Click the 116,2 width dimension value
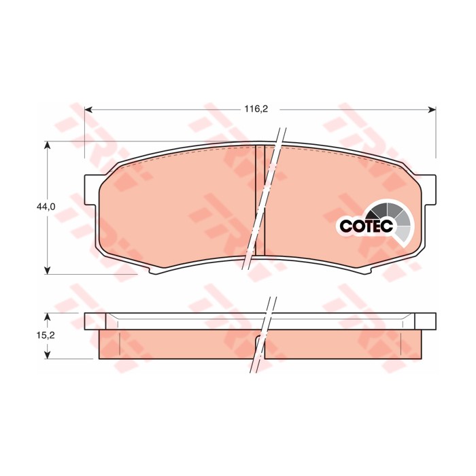tap(256, 109)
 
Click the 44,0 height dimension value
tap(46, 207)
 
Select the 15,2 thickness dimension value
tap(46, 335)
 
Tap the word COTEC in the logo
tap(367, 226)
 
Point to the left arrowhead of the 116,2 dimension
tap(88, 109)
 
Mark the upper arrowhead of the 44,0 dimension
tap(47, 145)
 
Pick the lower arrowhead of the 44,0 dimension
tap(47, 270)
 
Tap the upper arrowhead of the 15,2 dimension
tap(47, 317)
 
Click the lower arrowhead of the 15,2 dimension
tap(47, 354)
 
